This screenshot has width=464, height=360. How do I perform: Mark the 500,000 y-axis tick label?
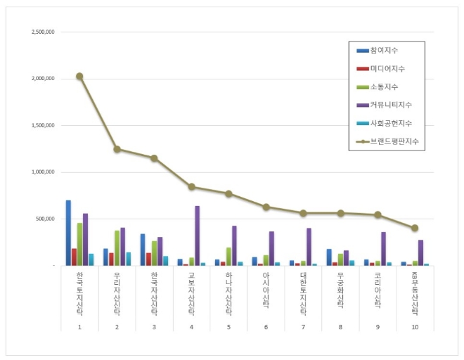click(46, 219)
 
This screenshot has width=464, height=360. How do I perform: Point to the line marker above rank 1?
click(79, 76)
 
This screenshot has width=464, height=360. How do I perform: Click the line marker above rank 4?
click(191, 187)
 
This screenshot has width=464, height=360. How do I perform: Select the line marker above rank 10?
click(415, 228)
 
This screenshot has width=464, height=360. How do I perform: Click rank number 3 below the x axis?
click(154, 327)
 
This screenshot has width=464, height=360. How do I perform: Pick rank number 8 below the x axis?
click(340, 327)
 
